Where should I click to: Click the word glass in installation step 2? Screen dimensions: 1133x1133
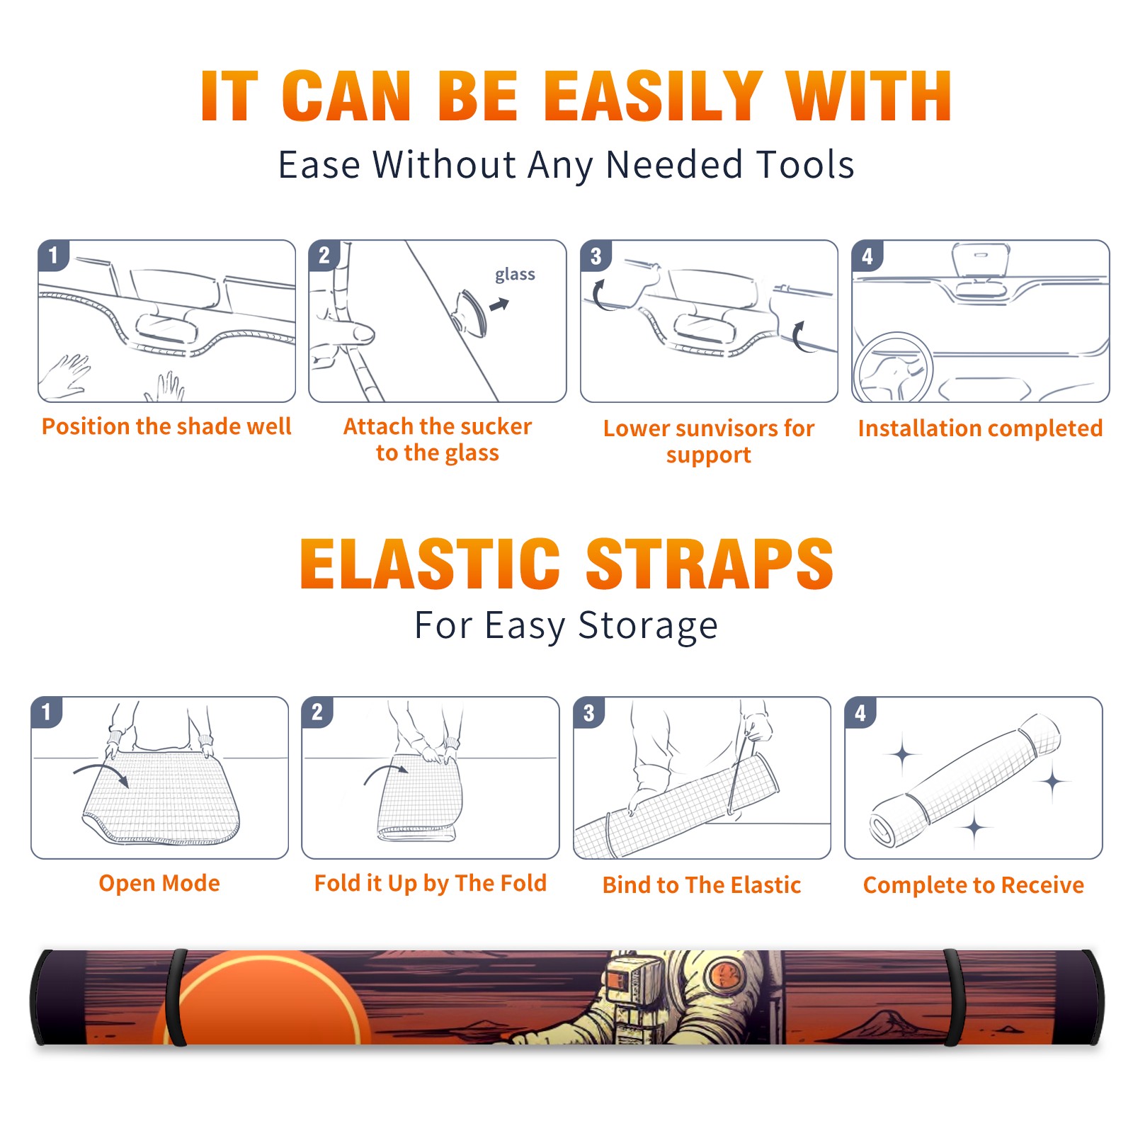(515, 275)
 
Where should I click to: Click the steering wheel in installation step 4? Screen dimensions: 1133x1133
(893, 368)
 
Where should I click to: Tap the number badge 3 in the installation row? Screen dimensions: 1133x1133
(596, 256)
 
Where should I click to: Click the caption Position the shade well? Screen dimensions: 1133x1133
(166, 426)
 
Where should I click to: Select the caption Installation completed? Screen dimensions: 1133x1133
(980, 428)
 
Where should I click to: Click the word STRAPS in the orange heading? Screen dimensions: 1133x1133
(710, 564)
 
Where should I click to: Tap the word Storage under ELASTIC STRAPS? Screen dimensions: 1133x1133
(648, 626)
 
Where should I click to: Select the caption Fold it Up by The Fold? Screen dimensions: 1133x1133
(431, 883)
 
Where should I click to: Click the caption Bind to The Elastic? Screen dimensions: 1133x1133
(702, 884)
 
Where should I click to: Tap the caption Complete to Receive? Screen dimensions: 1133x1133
(974, 885)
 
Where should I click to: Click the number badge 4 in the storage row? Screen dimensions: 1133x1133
(860, 712)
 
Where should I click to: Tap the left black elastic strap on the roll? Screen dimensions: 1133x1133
(176, 997)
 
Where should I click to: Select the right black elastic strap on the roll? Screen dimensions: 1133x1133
(954, 998)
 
